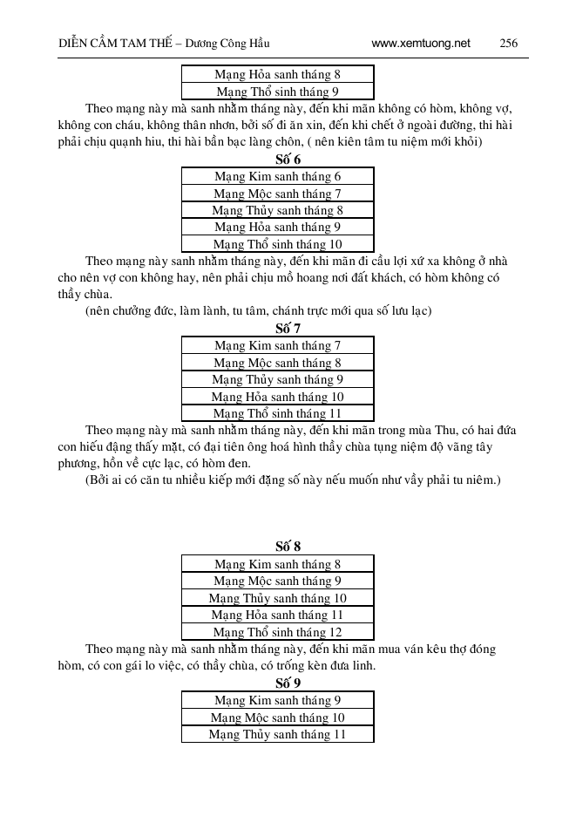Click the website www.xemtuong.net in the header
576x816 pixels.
pyautogui.click(x=420, y=42)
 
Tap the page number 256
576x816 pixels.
pyautogui.click(x=510, y=42)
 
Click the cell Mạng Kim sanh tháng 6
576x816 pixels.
pyautogui.click(x=277, y=176)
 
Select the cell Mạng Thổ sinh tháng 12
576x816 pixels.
pyautogui.click(x=277, y=632)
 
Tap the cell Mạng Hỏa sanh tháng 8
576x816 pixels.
pyautogui.click(x=277, y=74)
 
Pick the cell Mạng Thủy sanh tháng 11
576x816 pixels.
pyautogui.click(x=277, y=734)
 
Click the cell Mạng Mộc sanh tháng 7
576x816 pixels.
pyautogui.click(x=277, y=194)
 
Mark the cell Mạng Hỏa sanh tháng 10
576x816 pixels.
pyautogui.click(x=277, y=397)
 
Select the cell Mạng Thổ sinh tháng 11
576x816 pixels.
pyautogui.click(x=277, y=413)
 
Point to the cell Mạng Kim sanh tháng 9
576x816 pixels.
pyautogui.click(x=277, y=700)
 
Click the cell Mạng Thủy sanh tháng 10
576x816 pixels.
pyautogui.click(x=277, y=598)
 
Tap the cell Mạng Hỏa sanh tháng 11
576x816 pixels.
pyautogui.click(x=277, y=615)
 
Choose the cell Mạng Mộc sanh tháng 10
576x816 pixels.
pyautogui.click(x=277, y=717)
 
